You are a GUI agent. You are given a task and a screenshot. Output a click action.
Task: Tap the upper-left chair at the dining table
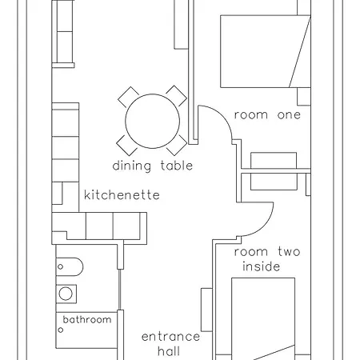(128, 98)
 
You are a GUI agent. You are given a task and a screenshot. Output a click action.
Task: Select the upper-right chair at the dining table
(177, 97)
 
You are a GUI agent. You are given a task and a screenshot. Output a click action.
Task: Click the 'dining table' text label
(152, 166)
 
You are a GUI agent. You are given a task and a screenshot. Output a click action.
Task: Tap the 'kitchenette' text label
(122, 195)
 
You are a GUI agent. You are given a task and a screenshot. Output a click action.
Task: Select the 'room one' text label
(267, 115)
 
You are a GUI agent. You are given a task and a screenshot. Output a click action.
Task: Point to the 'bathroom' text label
(87, 320)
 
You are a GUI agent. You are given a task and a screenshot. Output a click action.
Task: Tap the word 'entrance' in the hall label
(170, 337)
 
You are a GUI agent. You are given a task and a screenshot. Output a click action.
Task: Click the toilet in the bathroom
(68, 266)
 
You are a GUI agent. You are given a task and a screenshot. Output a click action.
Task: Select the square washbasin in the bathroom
(66, 293)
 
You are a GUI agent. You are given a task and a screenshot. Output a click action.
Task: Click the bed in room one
(264, 53)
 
